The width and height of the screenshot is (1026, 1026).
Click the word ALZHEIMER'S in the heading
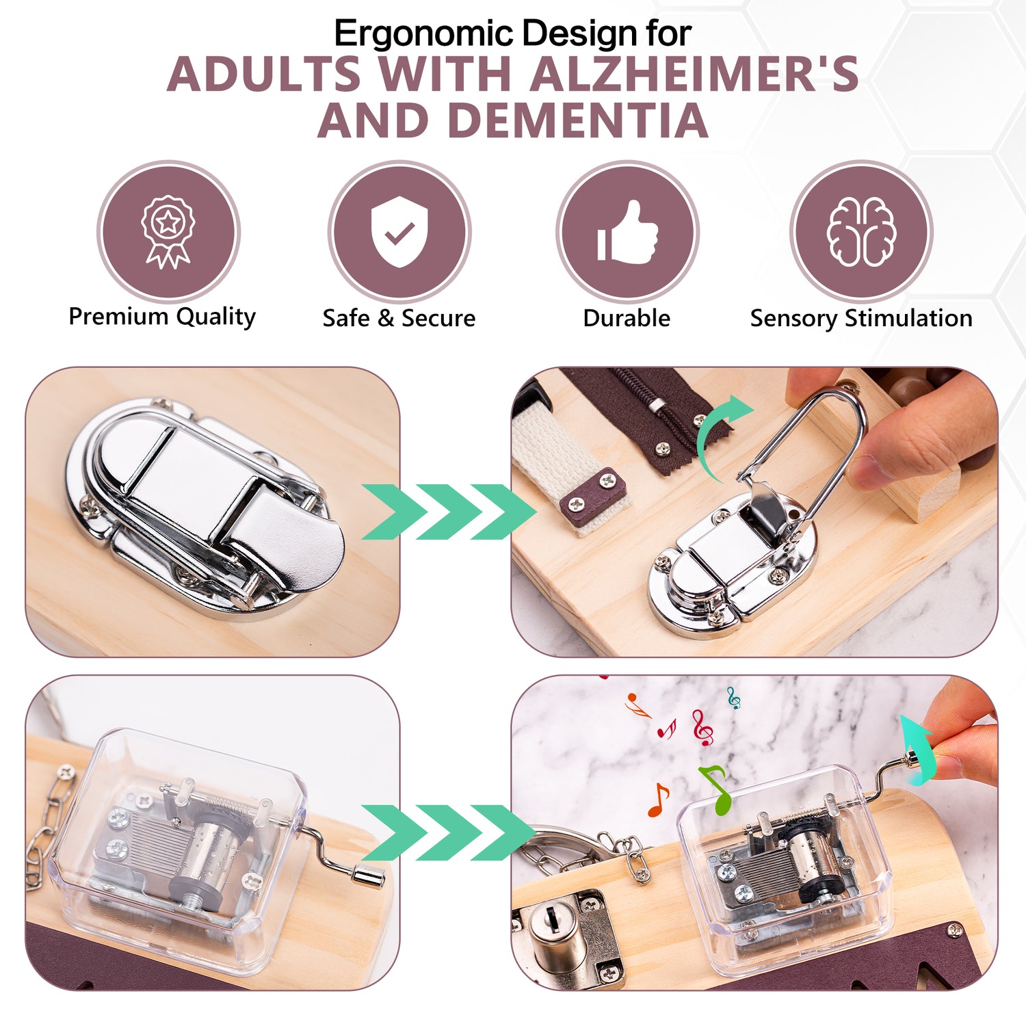tap(694, 74)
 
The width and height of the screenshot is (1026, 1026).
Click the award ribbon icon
tap(168, 232)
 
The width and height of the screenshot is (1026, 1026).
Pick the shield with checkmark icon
tap(399, 232)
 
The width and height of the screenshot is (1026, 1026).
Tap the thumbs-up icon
tap(627, 232)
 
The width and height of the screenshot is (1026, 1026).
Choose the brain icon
tap(861, 232)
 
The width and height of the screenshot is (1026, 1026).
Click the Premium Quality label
tap(162, 317)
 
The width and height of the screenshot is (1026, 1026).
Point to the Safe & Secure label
tap(399, 318)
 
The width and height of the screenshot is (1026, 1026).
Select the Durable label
tap(627, 318)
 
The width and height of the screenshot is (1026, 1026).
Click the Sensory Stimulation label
tap(861, 319)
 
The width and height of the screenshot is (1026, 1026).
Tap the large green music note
tap(717, 790)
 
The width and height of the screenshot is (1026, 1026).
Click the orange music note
tap(659, 800)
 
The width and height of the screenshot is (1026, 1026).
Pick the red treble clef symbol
tap(702, 728)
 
